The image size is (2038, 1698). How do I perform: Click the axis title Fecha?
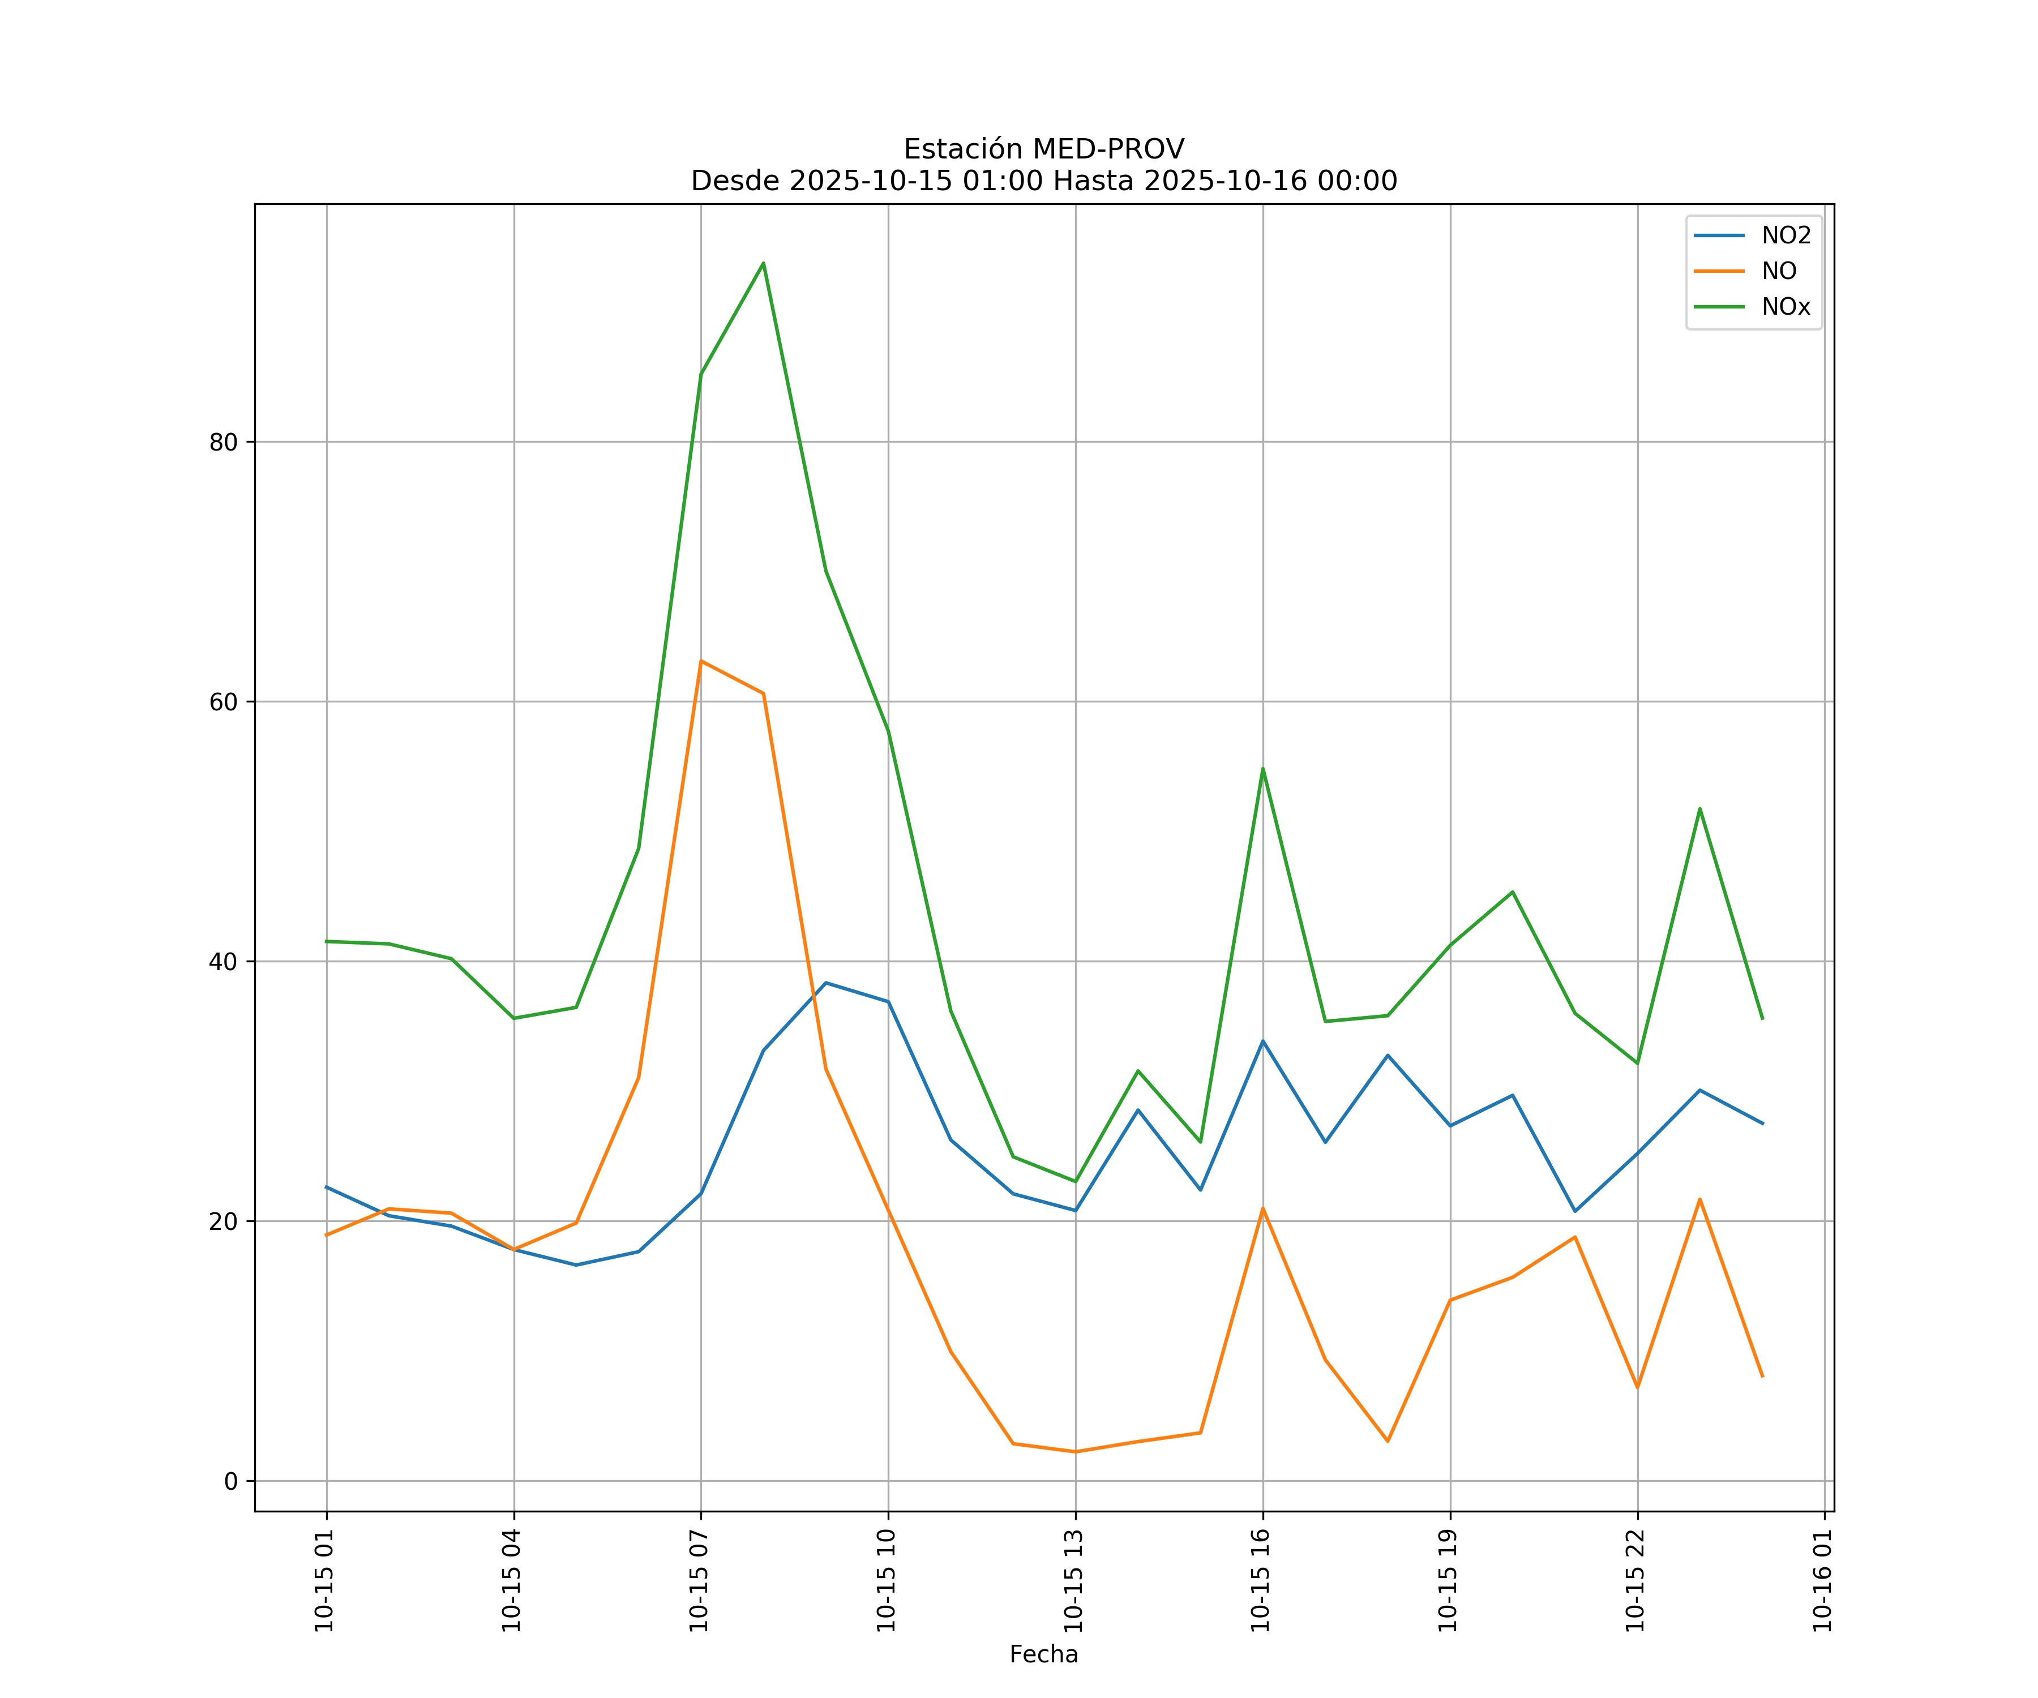point(1043,1654)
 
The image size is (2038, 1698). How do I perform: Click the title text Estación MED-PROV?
point(1043,149)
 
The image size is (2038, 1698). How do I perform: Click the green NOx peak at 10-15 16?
point(1262,769)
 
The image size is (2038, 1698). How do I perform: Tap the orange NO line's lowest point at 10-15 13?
point(1074,1452)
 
